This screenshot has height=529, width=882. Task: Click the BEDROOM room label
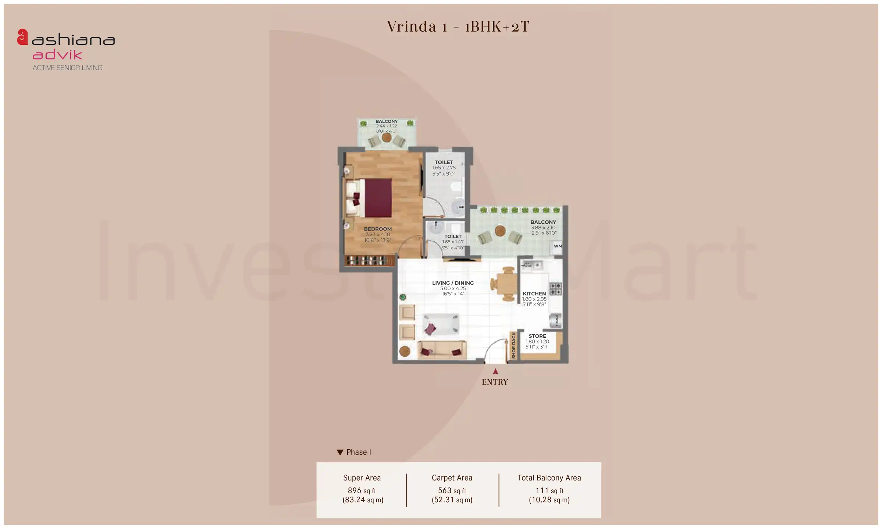[378, 229]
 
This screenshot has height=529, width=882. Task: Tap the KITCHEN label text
[534, 294]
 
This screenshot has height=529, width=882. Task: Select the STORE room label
[537, 336]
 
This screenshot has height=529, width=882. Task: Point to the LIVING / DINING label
[453, 283]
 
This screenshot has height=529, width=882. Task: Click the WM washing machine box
[557, 246]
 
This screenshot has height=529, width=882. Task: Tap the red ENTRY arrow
[495, 371]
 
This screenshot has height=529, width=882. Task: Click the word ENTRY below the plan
[495, 382]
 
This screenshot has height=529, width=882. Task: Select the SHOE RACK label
[513, 345]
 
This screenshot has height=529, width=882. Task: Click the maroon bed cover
[378, 198]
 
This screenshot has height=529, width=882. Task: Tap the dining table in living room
[508, 284]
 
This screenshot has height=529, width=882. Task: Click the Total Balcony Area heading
[549, 478]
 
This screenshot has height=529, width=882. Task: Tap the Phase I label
[358, 452]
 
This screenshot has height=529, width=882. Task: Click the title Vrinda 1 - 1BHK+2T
[458, 26]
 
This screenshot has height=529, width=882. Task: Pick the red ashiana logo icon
[22, 37]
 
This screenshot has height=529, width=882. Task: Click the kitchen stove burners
[555, 289]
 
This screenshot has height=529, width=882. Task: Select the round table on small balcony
[386, 138]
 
